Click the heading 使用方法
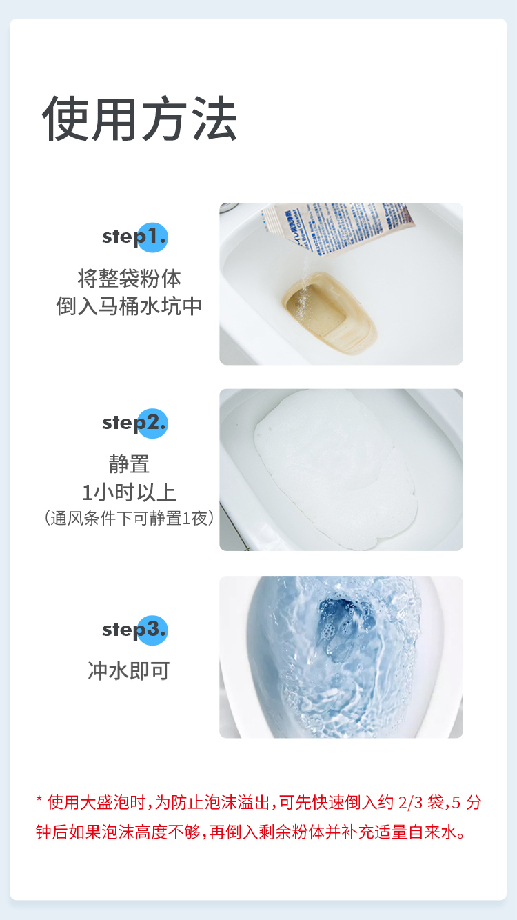point(140,119)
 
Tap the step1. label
point(134,237)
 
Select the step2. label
point(134,422)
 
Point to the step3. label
point(134,629)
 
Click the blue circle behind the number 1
point(153,237)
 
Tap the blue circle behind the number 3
point(153,630)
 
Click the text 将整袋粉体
point(129,279)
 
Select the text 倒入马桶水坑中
point(129,306)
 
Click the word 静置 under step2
point(129,463)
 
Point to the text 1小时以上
point(129,492)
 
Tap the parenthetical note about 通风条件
point(129,518)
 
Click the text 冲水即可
point(129,670)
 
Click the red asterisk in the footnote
point(39,802)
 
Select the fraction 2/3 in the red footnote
point(411,802)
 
